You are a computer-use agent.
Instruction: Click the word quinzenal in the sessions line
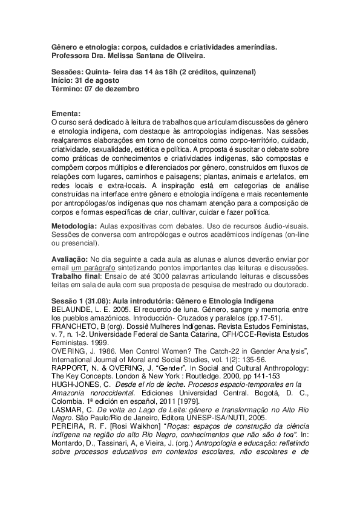(x=234, y=72)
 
